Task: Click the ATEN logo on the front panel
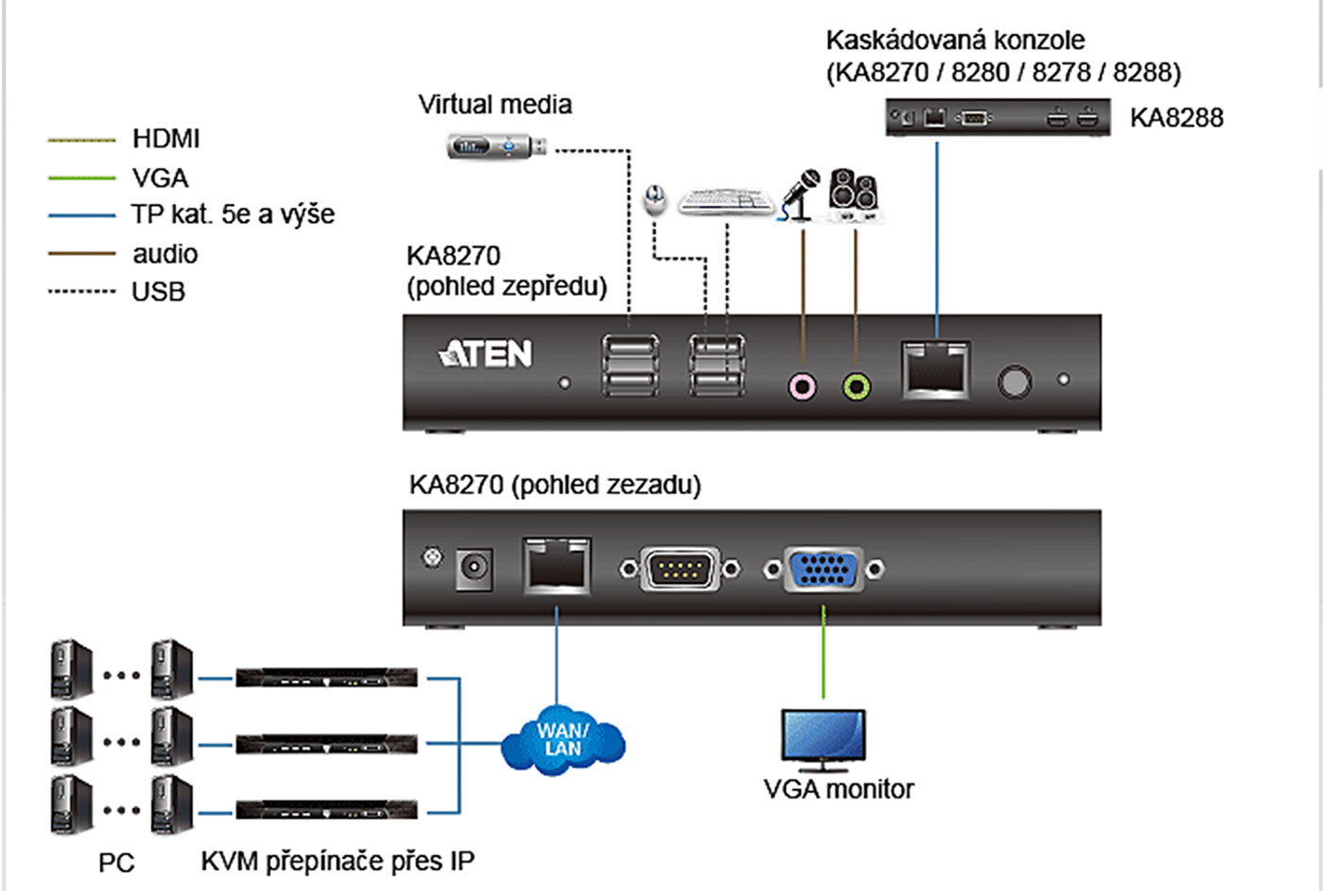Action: pos(486,354)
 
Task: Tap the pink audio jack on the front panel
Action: pos(802,386)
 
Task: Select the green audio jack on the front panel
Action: pos(856,386)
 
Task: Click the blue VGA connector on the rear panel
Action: pos(824,570)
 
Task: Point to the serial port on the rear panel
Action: pos(680,569)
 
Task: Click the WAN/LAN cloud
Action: pos(563,740)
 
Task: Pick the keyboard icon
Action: pos(726,201)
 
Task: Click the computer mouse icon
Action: pos(654,200)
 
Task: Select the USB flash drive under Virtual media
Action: pos(497,146)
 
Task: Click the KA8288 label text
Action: pos(1177,118)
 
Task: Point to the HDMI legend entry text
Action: pos(166,139)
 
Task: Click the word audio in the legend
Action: pos(165,254)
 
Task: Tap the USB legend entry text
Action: pos(159,292)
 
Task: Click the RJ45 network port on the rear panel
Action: pos(557,566)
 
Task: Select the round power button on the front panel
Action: pos(1015,382)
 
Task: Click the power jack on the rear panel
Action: pos(473,568)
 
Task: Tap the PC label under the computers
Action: pos(116,863)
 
